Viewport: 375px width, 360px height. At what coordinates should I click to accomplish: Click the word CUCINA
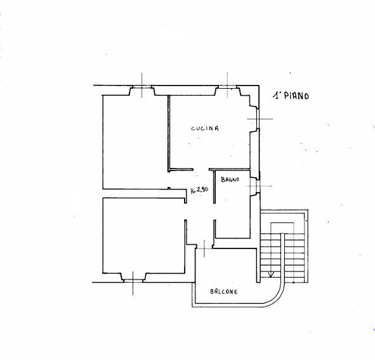(205, 128)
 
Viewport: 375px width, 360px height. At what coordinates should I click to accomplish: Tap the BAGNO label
(230, 179)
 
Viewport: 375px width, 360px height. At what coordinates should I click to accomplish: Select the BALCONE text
(224, 292)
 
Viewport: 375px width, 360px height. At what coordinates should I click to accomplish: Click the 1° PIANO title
(291, 96)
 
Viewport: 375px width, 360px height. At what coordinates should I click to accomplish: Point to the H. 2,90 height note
(199, 190)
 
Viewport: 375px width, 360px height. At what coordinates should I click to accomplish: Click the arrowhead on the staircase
(271, 274)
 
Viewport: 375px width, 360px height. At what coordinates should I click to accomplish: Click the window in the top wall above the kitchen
(227, 87)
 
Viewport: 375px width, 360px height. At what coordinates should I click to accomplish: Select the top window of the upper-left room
(142, 87)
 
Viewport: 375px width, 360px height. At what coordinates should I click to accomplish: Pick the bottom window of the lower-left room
(133, 281)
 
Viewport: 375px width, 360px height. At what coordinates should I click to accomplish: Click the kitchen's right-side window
(258, 119)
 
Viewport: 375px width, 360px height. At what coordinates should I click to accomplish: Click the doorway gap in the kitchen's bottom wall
(201, 169)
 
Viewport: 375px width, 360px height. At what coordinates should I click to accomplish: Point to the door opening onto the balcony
(204, 248)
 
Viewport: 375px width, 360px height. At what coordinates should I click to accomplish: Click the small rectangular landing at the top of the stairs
(282, 228)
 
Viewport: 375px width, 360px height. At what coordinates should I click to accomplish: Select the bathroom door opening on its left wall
(214, 212)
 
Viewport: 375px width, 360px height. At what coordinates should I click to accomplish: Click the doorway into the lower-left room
(185, 212)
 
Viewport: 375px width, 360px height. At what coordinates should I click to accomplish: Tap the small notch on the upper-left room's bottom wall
(169, 188)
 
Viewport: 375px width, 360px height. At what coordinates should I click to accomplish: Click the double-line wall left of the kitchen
(168, 133)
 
